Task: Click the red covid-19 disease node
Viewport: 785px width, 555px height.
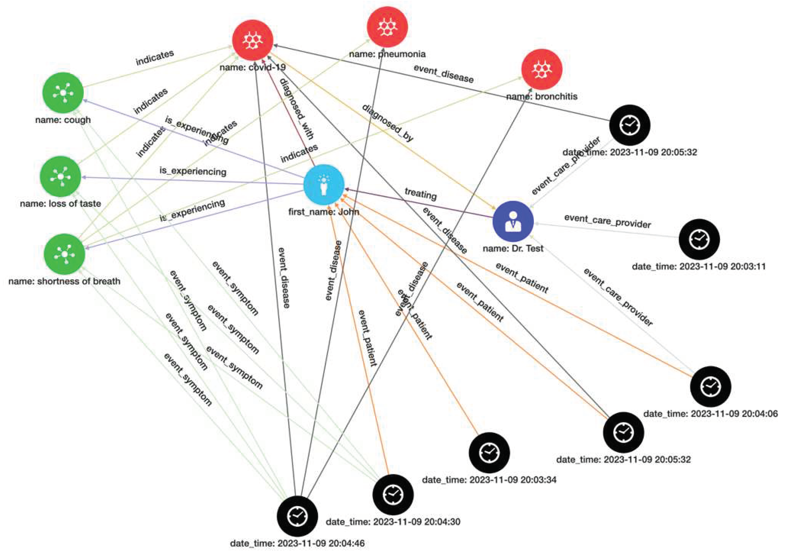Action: (253, 40)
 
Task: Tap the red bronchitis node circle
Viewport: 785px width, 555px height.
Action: (542, 69)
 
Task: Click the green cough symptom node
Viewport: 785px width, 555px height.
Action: (63, 93)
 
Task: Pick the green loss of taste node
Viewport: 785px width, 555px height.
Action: (60, 177)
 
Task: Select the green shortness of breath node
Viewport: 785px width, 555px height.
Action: (65, 254)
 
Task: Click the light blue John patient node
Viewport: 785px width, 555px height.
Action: (324, 185)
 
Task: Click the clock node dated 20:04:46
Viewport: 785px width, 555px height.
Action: (297, 516)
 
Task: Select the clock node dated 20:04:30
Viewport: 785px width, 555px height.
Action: (393, 494)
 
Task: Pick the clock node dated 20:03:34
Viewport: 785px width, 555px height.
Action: (489, 452)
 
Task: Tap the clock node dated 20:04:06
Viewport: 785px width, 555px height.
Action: (710, 387)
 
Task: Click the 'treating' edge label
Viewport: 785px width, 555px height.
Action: (421, 194)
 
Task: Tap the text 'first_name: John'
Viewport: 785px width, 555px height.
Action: (323, 212)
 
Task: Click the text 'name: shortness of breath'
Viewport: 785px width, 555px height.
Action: (64, 281)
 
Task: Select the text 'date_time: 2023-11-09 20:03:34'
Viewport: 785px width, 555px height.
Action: (489, 480)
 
